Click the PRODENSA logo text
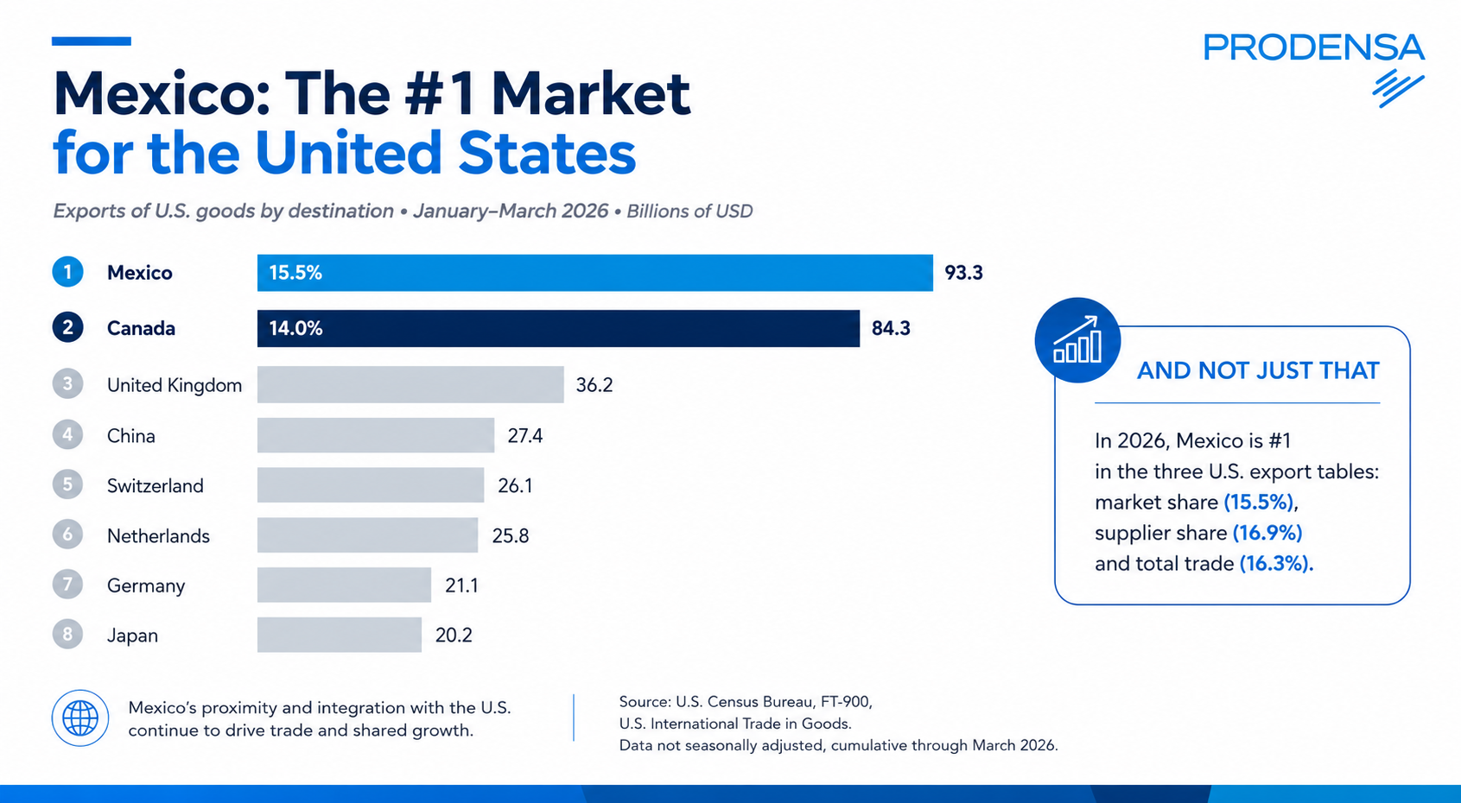pos(1313,47)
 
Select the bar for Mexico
pos(594,273)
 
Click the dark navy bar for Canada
pos(558,328)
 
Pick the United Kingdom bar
pos(410,384)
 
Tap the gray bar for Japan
pos(340,635)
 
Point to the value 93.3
pos(963,273)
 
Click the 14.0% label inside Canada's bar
pos(295,328)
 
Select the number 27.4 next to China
pos(525,435)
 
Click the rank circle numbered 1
pos(68,272)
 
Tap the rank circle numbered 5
pos(68,484)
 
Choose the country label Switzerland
pos(156,485)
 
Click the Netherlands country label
pos(158,536)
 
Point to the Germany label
pos(146,586)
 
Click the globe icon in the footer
pos(80,718)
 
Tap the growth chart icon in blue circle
pos(1077,340)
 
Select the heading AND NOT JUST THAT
pos(1258,371)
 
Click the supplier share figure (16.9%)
pos(1267,533)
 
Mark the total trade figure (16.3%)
pos(1276,564)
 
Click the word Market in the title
pos(591,94)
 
